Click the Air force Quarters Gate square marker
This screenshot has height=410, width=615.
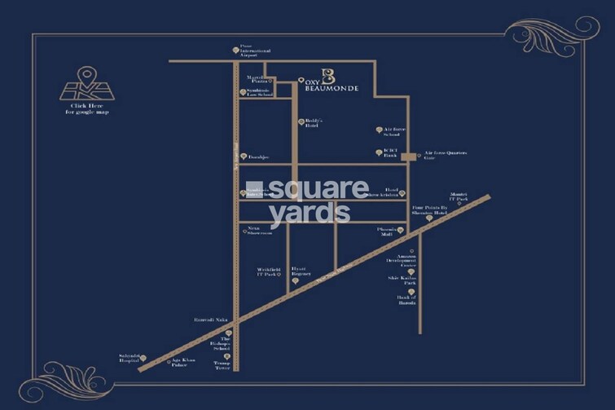pos(408,155)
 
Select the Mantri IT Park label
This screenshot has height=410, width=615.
pos(459,197)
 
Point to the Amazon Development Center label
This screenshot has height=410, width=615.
pos(407,260)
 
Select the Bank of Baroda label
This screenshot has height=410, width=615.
pos(407,301)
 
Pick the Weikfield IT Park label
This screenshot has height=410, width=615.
pos(265,271)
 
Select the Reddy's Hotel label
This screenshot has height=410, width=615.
pos(313,122)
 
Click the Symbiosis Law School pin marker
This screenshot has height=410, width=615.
pos(242,92)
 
